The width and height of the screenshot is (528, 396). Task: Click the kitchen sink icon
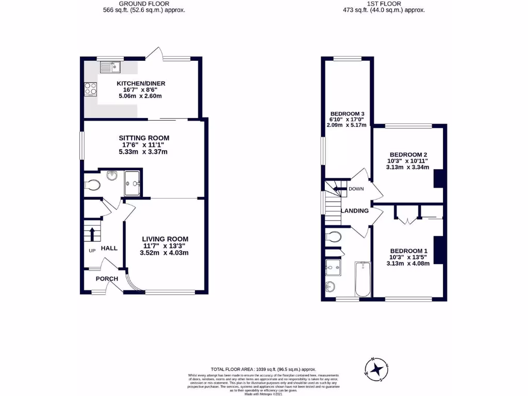pyautogui.click(x=110, y=67)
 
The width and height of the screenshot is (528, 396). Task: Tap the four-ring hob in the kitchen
pyautogui.click(x=91, y=89)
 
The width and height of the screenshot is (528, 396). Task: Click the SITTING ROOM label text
pyautogui.click(x=144, y=138)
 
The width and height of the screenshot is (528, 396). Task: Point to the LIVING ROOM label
pyautogui.click(x=165, y=239)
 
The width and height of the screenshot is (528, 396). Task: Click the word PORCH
pyautogui.click(x=107, y=279)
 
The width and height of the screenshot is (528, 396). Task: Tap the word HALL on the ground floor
pyautogui.click(x=109, y=248)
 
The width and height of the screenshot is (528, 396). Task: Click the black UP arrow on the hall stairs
pyautogui.click(x=92, y=234)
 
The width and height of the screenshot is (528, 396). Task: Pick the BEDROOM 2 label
pyautogui.click(x=408, y=154)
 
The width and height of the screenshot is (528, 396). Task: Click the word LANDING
pyautogui.click(x=356, y=210)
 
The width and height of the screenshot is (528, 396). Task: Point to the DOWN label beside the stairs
pyautogui.click(x=356, y=189)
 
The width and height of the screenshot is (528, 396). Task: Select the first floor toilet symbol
pyautogui.click(x=333, y=237)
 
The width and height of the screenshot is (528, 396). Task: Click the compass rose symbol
pyautogui.click(x=378, y=368)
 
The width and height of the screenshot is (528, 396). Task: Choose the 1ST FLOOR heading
pyautogui.click(x=384, y=3)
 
